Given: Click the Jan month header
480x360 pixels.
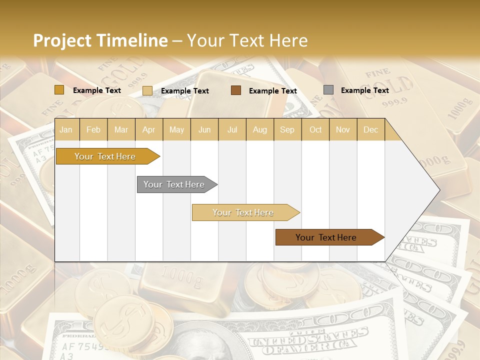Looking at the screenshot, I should tap(66, 130).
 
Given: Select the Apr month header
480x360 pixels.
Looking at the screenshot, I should tap(148, 130).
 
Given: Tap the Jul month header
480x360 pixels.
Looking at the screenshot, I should tap(232, 130).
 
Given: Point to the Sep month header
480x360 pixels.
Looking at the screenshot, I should tap(287, 130).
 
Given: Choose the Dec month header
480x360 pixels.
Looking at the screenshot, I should tap(370, 130).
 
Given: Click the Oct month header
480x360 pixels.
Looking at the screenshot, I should tap(315, 130).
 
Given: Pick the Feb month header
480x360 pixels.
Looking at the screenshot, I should tap(93, 130).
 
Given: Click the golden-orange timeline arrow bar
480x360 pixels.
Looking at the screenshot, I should tap(105, 156).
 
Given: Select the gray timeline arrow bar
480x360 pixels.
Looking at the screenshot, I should tap(174, 184).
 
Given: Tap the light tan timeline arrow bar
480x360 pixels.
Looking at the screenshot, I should tap(243, 212).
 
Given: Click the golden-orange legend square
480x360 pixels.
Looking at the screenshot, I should tap(59, 90).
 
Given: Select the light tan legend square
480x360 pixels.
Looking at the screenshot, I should tap(147, 90).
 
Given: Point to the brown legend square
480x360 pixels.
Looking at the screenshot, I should tap(236, 90).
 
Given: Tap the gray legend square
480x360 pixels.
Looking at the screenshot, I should tap(328, 90).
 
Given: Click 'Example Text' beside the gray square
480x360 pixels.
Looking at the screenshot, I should tap(364, 90).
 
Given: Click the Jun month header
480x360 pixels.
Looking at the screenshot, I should tap(204, 130).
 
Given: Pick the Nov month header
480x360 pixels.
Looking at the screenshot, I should tap(342, 130).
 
